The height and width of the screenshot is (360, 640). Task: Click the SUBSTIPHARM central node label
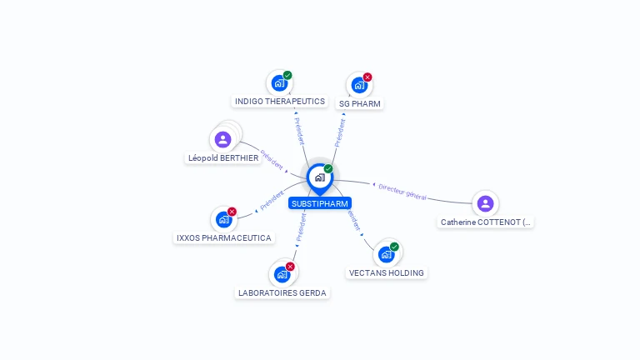[x=320, y=203]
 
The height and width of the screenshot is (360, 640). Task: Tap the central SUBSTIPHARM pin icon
[x=319, y=177]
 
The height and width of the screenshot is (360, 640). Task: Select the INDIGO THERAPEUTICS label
[x=280, y=102]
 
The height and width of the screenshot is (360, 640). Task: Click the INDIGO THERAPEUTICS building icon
[x=279, y=83]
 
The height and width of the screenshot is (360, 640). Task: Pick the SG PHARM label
[x=360, y=104]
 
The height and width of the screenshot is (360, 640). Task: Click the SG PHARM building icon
[x=359, y=85]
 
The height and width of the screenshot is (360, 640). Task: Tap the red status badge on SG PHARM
[x=367, y=77]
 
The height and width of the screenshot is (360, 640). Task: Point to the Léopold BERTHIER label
[x=223, y=158]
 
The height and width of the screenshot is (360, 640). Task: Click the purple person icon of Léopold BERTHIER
[x=222, y=139]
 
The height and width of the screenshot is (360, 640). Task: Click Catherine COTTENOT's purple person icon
[x=485, y=203]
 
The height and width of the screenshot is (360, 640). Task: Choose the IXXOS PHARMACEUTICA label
[x=224, y=238]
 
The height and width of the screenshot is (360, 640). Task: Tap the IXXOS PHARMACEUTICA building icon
[x=223, y=219]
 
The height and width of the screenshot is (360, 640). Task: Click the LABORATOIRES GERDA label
[x=282, y=292]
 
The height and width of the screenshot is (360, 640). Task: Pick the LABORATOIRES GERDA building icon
[x=282, y=274]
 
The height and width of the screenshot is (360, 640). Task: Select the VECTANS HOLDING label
[x=387, y=273]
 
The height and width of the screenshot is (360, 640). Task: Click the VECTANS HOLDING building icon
[x=386, y=254]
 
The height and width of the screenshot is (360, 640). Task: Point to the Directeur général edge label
[x=402, y=192]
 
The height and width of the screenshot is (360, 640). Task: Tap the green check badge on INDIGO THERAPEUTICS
[x=287, y=76]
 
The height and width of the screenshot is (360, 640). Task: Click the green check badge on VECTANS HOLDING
[x=394, y=247]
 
